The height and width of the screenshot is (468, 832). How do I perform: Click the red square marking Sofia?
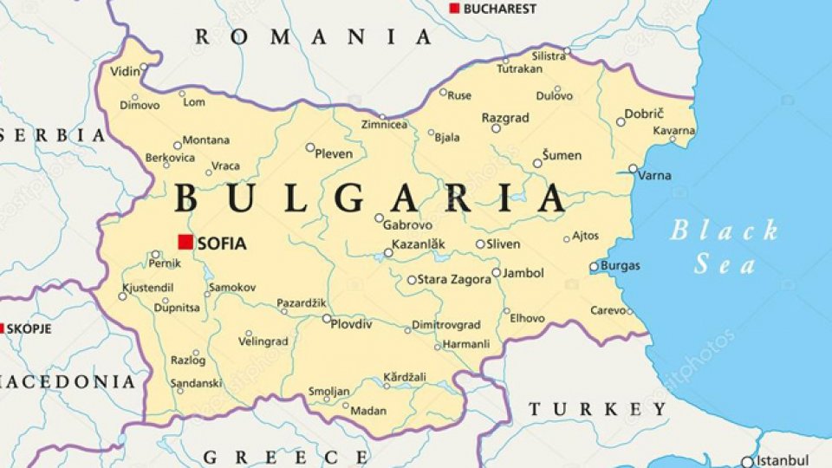pyautogui.click(x=185, y=243)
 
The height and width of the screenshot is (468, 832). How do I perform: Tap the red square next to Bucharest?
pyautogui.click(x=454, y=8)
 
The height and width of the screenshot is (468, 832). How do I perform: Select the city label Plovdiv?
pyautogui.click(x=353, y=324)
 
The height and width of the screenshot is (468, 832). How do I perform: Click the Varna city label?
pyautogui.click(x=654, y=175)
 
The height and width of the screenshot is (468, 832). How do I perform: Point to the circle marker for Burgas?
pyautogui.click(x=595, y=266)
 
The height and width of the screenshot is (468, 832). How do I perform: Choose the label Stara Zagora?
pyautogui.click(x=451, y=279)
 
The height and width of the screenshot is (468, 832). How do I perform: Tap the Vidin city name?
pyautogui.click(x=125, y=70)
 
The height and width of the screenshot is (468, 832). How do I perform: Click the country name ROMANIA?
pyautogui.click(x=313, y=36)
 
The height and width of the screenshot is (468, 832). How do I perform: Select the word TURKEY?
pyautogui.click(x=598, y=409)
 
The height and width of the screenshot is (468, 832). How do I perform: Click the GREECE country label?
pyautogui.click(x=286, y=457)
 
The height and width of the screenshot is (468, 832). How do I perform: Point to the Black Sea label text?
pyautogui.click(x=725, y=247)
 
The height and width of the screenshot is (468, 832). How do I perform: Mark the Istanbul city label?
pyautogui.click(x=782, y=460)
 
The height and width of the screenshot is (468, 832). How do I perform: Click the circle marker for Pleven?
pyautogui.click(x=310, y=147)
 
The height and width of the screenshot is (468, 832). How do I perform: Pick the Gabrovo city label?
pyautogui.click(x=408, y=224)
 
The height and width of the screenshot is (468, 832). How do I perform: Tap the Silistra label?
pyautogui.click(x=549, y=55)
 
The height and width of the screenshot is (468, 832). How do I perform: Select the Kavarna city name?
pyautogui.click(x=673, y=130)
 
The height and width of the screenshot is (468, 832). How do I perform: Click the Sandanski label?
pyautogui.click(x=196, y=382)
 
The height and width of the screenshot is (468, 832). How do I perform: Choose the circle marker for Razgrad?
pyautogui.click(x=496, y=127)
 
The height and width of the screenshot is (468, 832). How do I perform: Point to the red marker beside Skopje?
pyautogui.click(x=2, y=328)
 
